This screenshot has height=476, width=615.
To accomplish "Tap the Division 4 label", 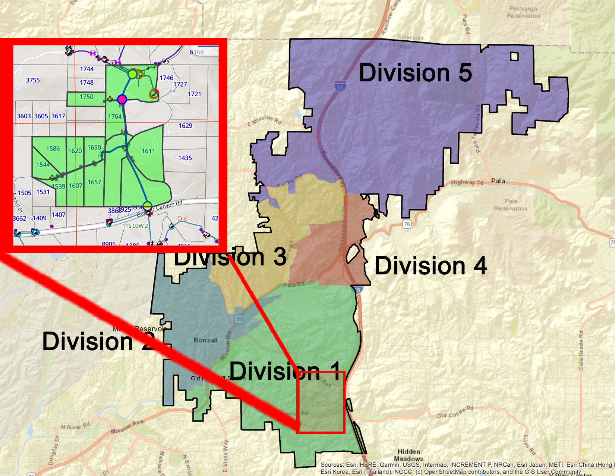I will pyautogui.click(x=430, y=266).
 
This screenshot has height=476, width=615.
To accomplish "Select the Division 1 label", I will pyautogui.click(x=285, y=371).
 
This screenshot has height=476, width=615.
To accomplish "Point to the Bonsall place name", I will pyautogui.click(x=205, y=340).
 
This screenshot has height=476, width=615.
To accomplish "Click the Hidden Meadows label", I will pyautogui.click(x=409, y=455).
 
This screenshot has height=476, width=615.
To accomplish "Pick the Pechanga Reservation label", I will pyautogui.click(x=523, y=12).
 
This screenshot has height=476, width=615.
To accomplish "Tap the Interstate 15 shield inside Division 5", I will pyautogui.click(x=340, y=86).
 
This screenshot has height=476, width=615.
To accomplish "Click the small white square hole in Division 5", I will pyautogui.click(x=514, y=56).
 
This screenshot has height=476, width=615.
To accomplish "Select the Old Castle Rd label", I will pyautogui.click(x=455, y=412).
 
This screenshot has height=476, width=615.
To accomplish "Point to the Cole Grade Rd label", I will pyautogui.click(x=581, y=350).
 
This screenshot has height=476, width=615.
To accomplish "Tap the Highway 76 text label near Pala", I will pyautogui.click(x=467, y=182).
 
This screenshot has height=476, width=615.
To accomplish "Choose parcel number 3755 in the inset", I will pyautogui.click(x=33, y=80).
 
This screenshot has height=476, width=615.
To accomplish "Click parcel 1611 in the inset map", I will pyautogui.click(x=148, y=151).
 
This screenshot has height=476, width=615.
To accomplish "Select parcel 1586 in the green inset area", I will pyautogui.click(x=53, y=148).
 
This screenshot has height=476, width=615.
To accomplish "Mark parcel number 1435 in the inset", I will pyautogui.click(x=185, y=158).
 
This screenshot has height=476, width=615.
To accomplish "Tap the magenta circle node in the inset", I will pyautogui.click(x=122, y=99).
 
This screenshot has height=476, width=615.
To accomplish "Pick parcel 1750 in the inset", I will pyautogui.click(x=86, y=97).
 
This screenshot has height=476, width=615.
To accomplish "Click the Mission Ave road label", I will pyautogui.click(x=127, y=427).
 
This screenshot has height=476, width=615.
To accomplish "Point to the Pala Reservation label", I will pyautogui.click(x=511, y=205).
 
